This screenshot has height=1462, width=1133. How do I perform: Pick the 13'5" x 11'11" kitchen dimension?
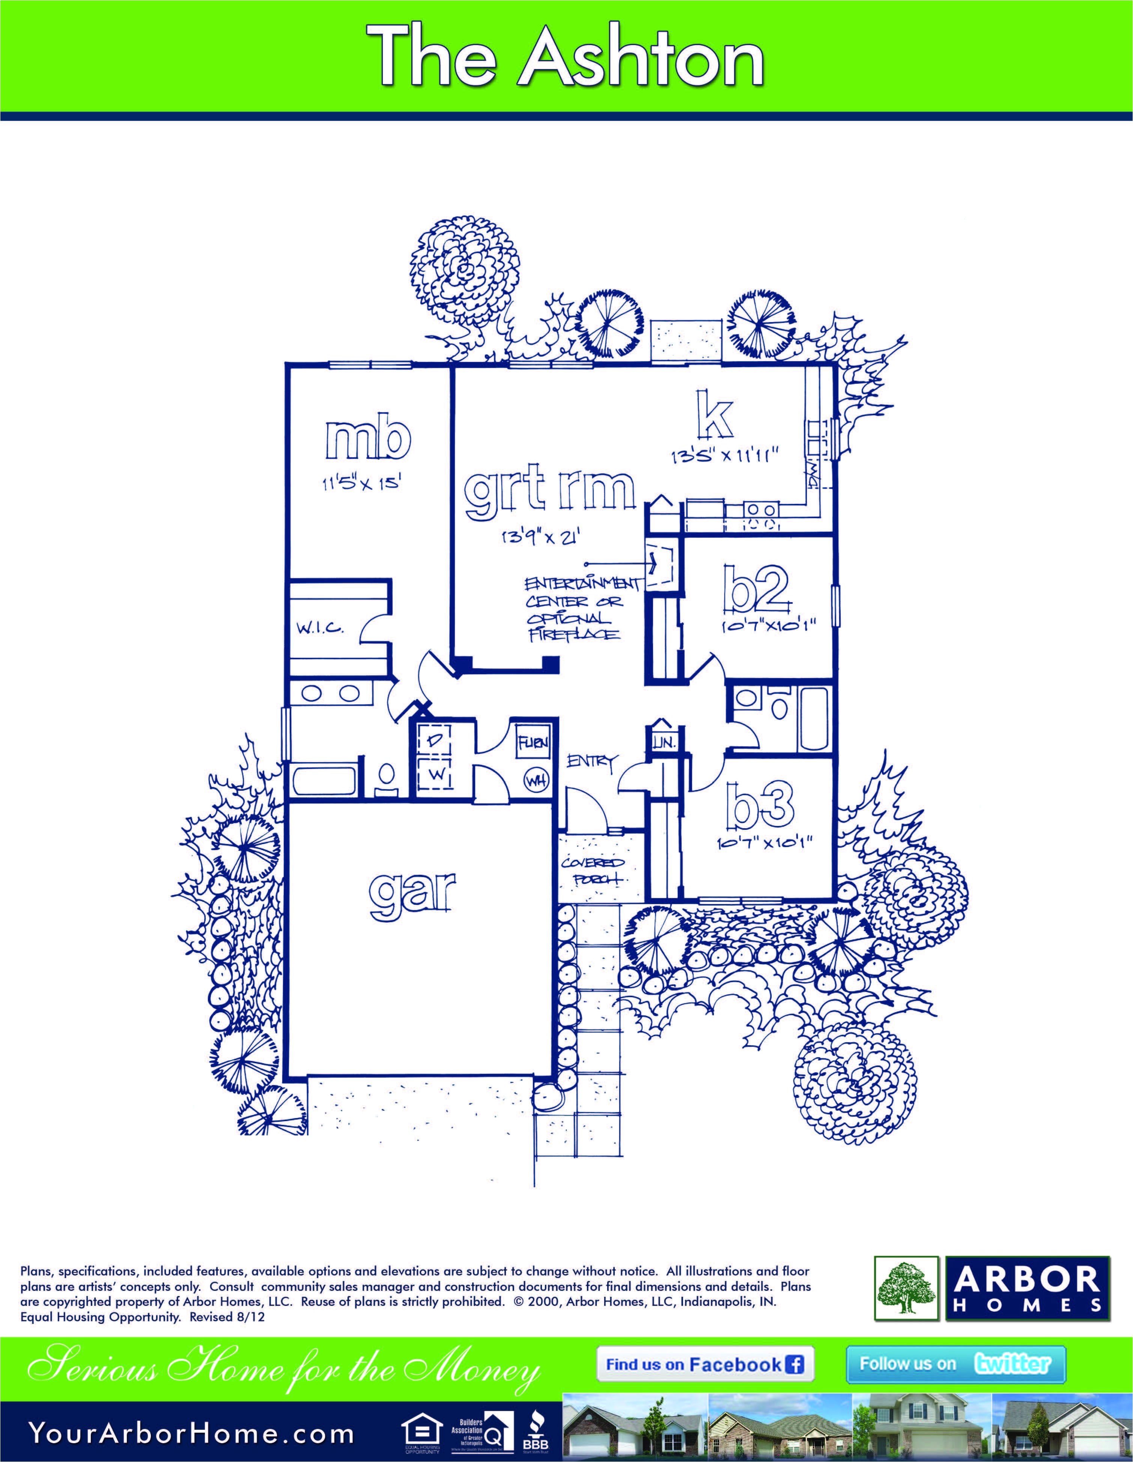pyautogui.click(x=727, y=457)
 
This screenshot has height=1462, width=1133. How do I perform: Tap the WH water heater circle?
pyautogui.click(x=536, y=781)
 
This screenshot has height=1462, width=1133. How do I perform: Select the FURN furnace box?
pyautogui.click(x=533, y=742)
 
